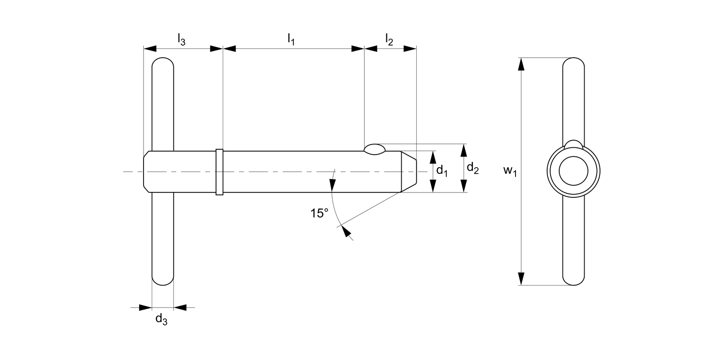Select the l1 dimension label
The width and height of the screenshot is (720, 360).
point(291,39)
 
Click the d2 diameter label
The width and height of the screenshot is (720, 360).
point(472,168)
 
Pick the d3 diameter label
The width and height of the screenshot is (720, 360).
point(161,320)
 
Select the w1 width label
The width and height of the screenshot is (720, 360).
point(510,171)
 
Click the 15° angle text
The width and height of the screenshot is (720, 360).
point(319,214)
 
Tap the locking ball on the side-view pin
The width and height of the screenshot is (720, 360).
point(374,149)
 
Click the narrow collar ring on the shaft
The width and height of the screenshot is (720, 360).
point(219,172)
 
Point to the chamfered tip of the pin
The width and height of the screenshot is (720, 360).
point(408,171)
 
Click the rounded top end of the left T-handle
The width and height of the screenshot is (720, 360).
point(163,63)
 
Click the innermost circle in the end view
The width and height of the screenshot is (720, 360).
point(574,171)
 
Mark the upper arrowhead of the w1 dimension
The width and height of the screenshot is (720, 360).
point(521,64)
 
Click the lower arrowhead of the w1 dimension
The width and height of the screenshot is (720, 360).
point(521,278)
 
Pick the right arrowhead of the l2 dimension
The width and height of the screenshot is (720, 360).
point(409,48)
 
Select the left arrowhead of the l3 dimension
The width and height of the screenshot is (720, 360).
point(150,48)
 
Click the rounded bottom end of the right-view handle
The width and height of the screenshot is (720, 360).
point(574,280)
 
